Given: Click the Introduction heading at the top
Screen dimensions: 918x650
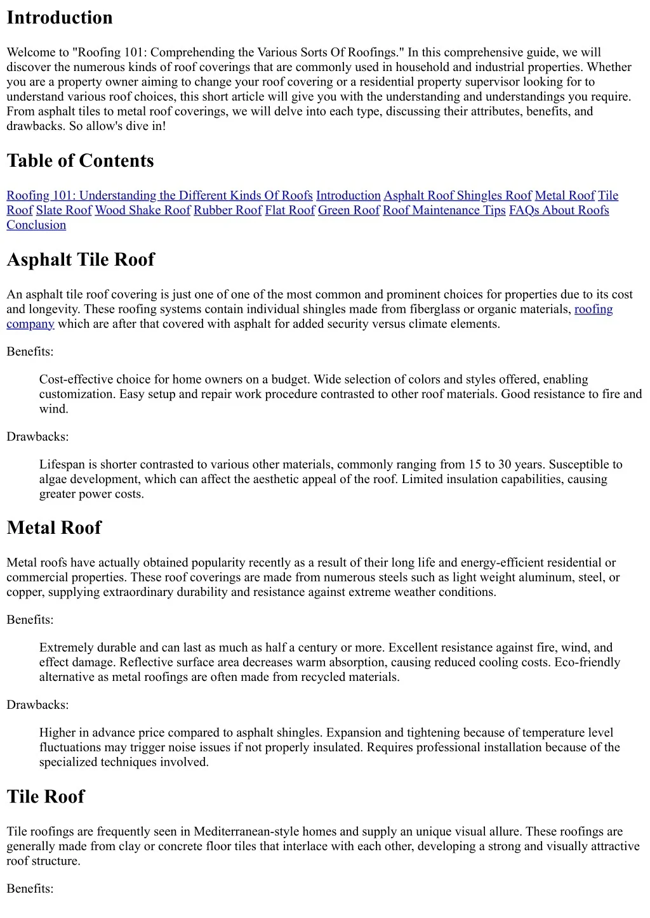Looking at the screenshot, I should (x=60, y=18).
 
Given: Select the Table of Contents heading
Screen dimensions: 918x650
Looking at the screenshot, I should (x=80, y=161).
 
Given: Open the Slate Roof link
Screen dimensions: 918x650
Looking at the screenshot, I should (x=63, y=210).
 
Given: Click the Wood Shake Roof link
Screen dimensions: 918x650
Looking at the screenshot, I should (x=142, y=210).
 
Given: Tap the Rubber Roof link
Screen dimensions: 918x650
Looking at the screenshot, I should (x=227, y=210).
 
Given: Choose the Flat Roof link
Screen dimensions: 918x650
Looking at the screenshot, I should (x=289, y=210).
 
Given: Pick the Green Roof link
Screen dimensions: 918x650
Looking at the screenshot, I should (x=348, y=210).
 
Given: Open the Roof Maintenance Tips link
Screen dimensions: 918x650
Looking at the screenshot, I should (x=444, y=210).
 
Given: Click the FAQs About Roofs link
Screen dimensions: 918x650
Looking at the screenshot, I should (x=559, y=210).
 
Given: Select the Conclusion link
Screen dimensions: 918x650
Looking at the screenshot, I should (x=36, y=225).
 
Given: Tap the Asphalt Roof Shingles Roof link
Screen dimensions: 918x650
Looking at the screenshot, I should (x=457, y=196).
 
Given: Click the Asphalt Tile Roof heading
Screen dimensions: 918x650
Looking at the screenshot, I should (x=81, y=260).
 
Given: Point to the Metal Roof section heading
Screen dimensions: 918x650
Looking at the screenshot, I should (x=54, y=528).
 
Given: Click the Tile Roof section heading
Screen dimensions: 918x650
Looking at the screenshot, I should (x=46, y=797).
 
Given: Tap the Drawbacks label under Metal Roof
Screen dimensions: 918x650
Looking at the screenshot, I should (x=37, y=705).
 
